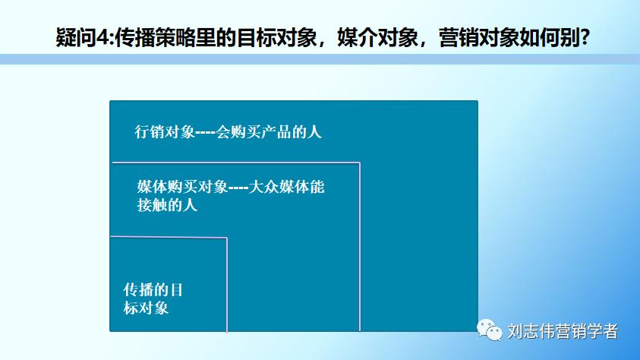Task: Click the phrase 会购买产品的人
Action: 269,131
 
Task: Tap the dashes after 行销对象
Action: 205,132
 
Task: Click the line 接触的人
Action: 167,204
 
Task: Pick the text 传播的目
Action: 153,290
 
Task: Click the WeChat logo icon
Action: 490,330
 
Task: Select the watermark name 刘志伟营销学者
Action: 563,331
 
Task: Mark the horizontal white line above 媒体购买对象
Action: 235,163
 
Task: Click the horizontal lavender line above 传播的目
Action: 169,238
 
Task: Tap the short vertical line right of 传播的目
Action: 227,285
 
